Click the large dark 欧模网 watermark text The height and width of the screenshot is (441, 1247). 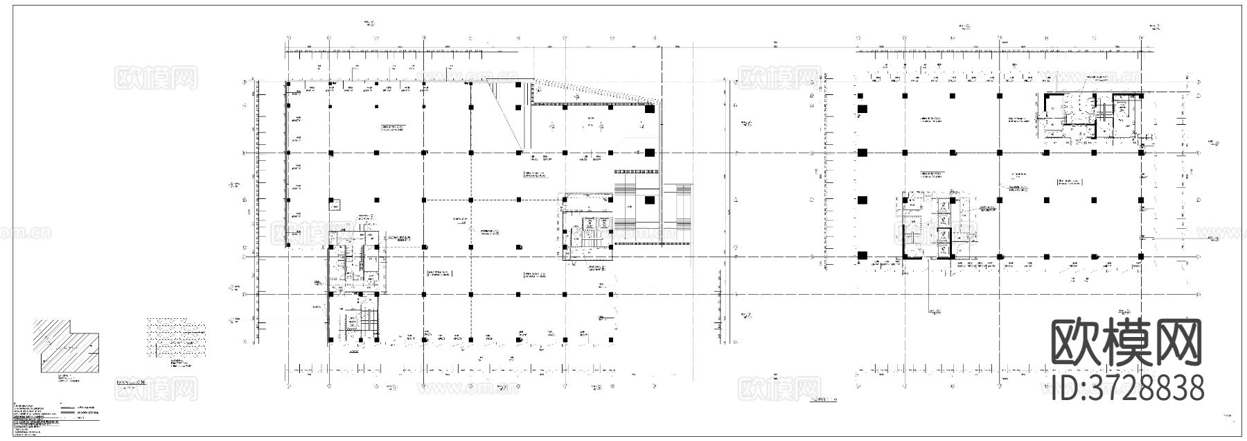pyautogui.click(x=1126, y=343)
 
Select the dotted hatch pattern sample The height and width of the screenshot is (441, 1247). pyautogui.click(x=176, y=338)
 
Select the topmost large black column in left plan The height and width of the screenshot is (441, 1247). pyautogui.click(x=650, y=109)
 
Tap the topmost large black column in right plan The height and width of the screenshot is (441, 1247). pyautogui.click(x=863, y=109)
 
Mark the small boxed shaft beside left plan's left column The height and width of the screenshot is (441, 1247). pyautogui.click(x=335, y=205)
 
